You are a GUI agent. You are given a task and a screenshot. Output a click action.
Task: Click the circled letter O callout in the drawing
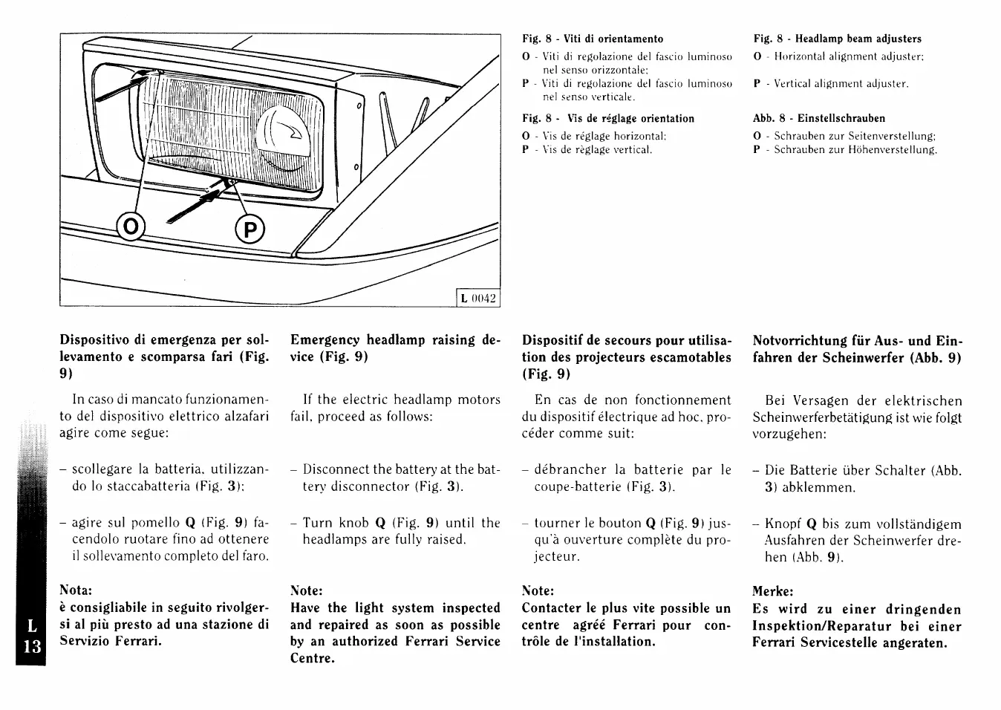pos(131,228)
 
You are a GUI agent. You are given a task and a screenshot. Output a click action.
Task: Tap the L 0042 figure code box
pos(477,299)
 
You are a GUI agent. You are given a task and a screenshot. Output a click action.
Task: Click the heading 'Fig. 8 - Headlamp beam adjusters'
pos(837,39)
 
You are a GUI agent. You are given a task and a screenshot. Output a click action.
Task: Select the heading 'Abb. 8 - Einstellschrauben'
pos(819,118)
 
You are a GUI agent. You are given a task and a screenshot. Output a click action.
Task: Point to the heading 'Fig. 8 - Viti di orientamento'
pos(593,39)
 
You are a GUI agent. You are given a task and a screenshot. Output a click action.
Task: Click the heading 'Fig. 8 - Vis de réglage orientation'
pos(608,118)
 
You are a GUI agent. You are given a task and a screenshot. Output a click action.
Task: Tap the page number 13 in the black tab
pos(31,645)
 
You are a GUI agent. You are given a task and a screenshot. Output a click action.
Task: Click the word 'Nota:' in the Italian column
pos(76,590)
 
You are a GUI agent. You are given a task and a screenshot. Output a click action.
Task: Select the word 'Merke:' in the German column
pos(773,592)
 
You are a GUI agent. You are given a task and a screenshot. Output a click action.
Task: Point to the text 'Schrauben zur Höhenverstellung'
pos(855,150)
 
